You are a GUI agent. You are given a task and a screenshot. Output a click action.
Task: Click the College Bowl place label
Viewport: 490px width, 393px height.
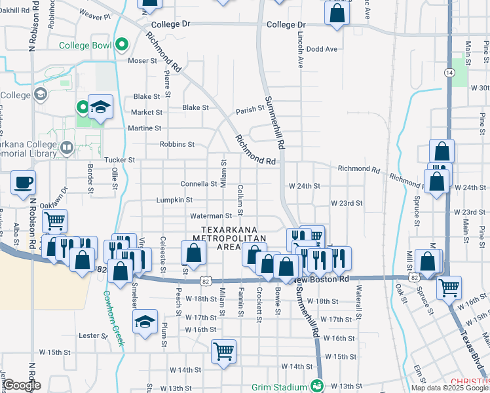click(x=85, y=45)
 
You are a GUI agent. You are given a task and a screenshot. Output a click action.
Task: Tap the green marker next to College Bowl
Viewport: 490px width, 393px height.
click(x=121, y=45)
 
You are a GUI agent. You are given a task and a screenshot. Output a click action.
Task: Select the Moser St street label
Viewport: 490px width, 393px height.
click(x=143, y=60)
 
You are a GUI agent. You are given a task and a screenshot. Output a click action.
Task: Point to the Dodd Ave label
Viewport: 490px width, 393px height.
click(x=322, y=49)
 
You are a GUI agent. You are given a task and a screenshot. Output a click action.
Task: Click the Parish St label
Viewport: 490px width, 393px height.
click(x=250, y=111)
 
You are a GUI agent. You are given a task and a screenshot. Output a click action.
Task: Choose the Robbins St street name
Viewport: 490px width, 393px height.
click(x=178, y=144)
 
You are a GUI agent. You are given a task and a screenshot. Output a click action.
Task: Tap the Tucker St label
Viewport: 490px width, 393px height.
click(x=119, y=160)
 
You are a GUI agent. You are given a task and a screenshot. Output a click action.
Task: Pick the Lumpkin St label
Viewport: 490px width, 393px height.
click(x=174, y=200)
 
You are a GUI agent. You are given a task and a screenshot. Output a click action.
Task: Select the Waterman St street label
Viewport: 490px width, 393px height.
click(x=211, y=215)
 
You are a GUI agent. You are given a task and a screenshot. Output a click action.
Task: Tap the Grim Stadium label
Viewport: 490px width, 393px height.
click(x=280, y=386)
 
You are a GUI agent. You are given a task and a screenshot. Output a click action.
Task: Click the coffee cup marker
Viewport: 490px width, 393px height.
click(x=24, y=183)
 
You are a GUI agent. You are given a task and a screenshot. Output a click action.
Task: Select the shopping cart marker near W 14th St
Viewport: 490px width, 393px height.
click(x=223, y=351)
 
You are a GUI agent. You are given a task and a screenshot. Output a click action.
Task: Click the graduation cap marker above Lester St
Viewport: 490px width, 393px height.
click(x=145, y=322)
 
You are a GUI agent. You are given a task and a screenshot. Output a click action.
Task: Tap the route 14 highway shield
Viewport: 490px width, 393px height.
click(x=449, y=71)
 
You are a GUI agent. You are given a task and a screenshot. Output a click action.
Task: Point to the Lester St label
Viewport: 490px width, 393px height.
click(x=93, y=336)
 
